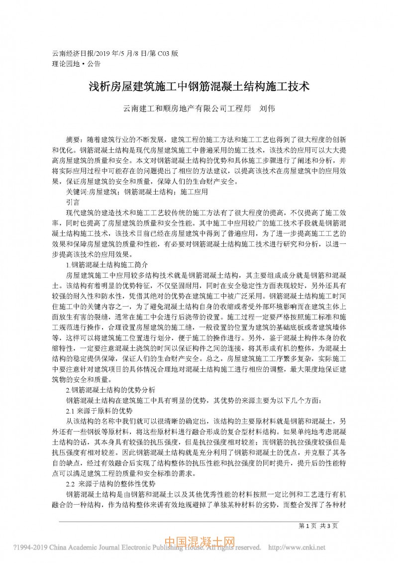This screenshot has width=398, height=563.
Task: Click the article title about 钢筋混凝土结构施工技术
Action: coord(199,86)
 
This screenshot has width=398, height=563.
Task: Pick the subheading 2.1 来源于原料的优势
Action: coord(99,411)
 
